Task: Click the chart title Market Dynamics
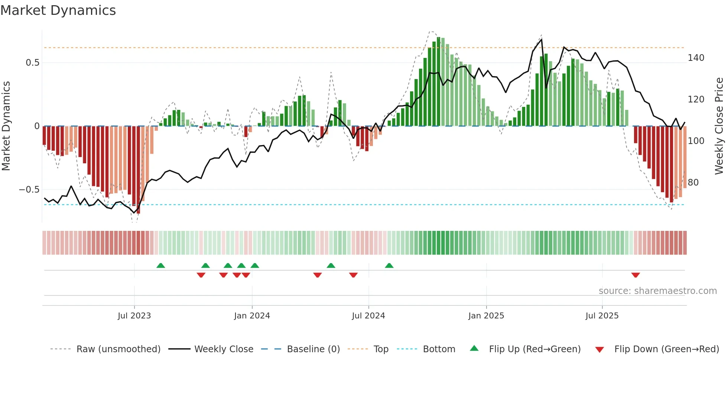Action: click(58, 10)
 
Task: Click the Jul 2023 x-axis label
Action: click(134, 316)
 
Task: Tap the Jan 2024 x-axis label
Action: click(252, 316)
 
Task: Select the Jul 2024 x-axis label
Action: click(368, 316)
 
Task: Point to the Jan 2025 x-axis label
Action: click(486, 316)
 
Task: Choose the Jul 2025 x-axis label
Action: click(602, 316)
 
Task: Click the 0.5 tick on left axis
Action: click(33, 63)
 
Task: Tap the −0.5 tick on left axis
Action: click(29, 190)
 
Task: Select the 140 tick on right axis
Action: click(696, 58)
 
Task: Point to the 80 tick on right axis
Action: click(693, 183)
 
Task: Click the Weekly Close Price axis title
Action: click(719, 126)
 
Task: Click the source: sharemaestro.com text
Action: click(657, 291)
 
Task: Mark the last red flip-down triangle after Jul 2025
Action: click(635, 275)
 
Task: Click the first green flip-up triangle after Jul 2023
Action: click(160, 266)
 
